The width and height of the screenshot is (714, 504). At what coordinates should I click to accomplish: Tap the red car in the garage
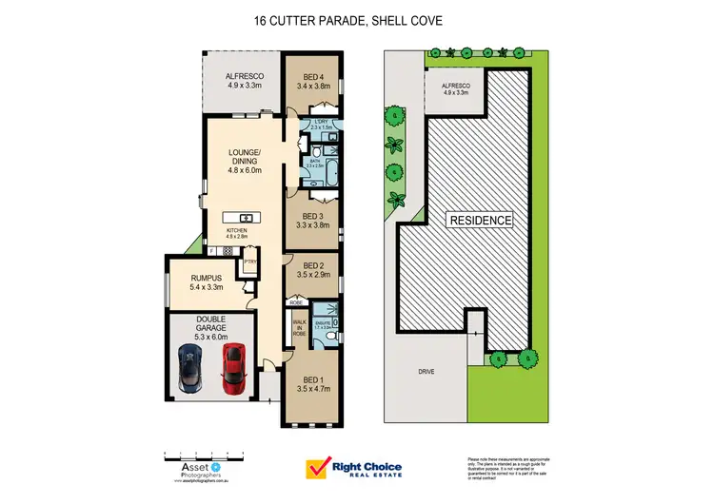click(x=233, y=368)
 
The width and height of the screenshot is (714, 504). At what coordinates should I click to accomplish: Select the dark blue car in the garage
click(x=191, y=369)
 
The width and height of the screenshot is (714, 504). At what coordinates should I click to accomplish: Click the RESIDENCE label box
click(x=481, y=220)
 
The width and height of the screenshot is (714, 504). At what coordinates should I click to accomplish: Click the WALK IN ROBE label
click(x=298, y=329)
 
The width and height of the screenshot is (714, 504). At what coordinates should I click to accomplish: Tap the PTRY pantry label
click(x=249, y=262)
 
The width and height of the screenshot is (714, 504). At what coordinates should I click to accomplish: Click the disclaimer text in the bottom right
click(x=506, y=468)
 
